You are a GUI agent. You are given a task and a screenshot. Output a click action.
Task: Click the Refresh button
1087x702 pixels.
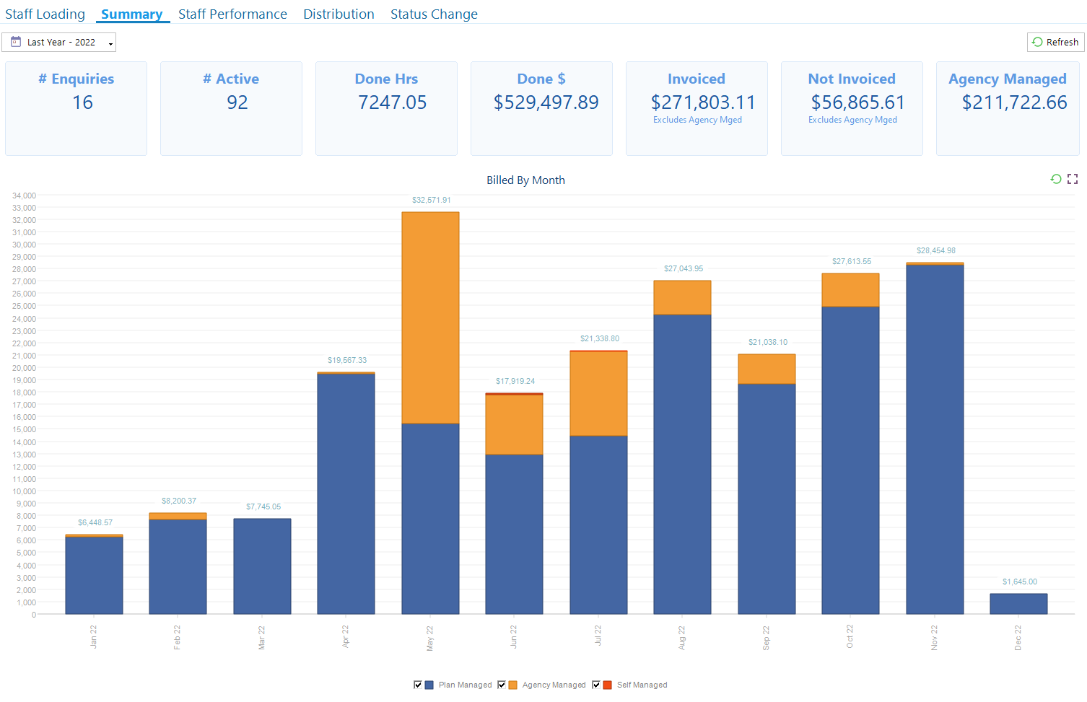[x=1055, y=43]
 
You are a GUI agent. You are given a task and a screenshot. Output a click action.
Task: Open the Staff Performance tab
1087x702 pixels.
[x=232, y=14]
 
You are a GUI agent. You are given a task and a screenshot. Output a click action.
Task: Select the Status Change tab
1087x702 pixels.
[x=434, y=14]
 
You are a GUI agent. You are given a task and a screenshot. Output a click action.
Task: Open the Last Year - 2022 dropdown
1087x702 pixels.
[x=59, y=43]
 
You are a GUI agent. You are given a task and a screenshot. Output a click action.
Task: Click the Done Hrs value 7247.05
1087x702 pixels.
[x=392, y=102]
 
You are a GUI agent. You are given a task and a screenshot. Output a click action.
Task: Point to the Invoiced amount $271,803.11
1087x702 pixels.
[x=702, y=102]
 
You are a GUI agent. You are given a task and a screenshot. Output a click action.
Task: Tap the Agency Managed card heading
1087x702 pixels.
[x=1007, y=79]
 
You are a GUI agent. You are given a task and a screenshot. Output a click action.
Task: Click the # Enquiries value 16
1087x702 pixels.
[x=82, y=102]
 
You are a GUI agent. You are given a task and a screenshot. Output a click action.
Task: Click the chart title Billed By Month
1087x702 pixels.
[x=525, y=180]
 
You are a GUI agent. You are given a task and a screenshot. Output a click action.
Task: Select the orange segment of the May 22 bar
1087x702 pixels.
[x=430, y=317]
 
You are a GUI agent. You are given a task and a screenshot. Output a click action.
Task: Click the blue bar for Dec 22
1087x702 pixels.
[x=1018, y=604]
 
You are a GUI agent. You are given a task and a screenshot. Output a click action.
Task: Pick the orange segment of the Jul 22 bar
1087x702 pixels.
[x=598, y=394]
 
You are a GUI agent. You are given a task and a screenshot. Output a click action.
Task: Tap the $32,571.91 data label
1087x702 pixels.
[x=431, y=200]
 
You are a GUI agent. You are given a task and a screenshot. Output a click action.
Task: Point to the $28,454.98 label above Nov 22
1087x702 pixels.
[x=935, y=250]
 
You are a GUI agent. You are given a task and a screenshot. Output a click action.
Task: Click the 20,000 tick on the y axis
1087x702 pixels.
[x=24, y=368]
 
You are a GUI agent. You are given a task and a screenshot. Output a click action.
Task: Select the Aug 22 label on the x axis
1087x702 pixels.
[x=682, y=638]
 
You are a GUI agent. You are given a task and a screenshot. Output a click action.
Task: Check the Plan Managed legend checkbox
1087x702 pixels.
[x=418, y=685]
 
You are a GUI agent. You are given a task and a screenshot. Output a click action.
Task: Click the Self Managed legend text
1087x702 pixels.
[x=642, y=685]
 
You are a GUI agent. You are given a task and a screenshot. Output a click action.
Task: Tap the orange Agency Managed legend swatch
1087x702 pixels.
[x=513, y=685]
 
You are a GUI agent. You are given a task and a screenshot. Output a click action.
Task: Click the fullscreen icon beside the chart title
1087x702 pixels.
[x=1073, y=179]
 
